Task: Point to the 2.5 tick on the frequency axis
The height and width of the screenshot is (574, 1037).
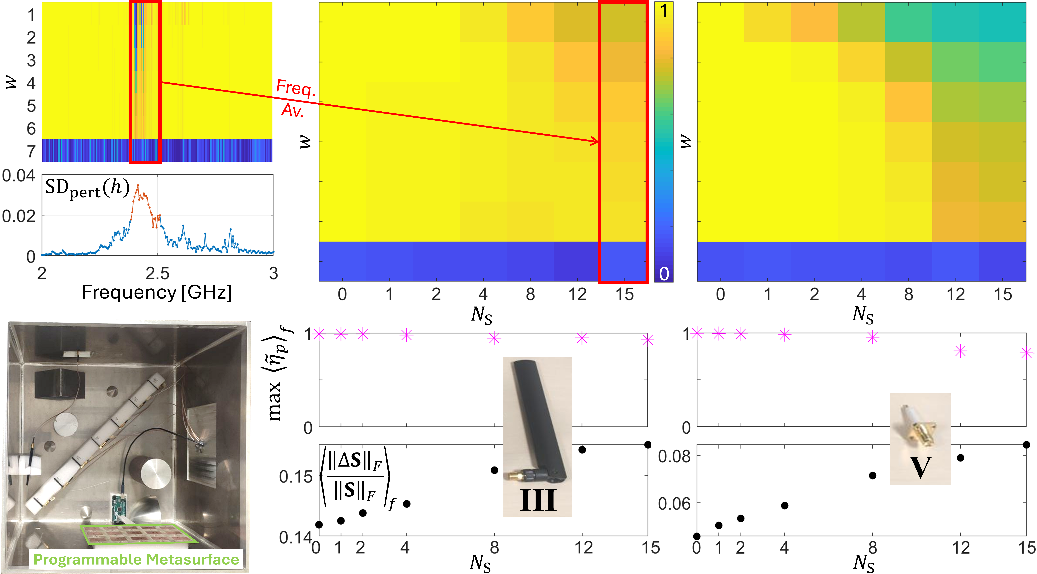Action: (157, 274)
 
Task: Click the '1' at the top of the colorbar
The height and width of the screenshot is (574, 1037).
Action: (664, 11)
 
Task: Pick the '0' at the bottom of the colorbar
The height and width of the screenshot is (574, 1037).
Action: (664, 274)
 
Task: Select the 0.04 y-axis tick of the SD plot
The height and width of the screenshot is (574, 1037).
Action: (19, 176)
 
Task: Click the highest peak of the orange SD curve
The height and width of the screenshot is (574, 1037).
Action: (138, 185)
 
